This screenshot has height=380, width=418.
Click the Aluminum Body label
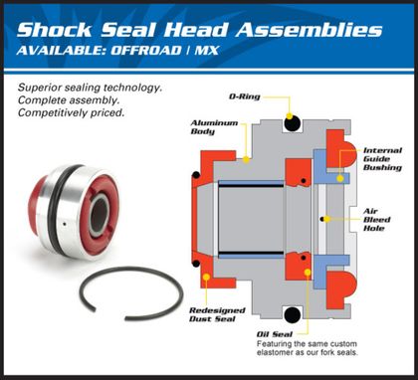[x=212, y=127]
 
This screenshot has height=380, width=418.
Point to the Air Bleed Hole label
[x=381, y=222]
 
